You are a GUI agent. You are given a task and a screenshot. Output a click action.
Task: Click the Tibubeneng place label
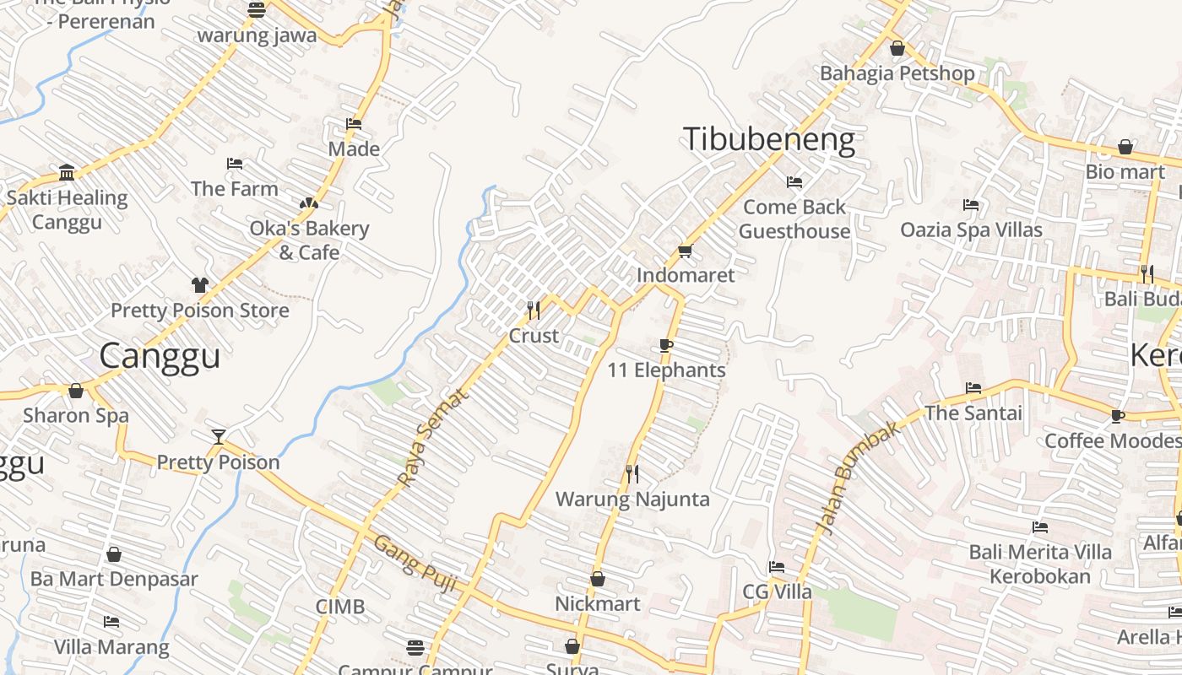768,139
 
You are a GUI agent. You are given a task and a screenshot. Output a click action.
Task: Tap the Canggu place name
160,355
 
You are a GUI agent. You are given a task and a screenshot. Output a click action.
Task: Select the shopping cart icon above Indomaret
685,251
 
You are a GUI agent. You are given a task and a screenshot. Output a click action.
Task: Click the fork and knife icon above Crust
534,310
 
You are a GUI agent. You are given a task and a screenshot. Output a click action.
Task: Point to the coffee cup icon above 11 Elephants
666,345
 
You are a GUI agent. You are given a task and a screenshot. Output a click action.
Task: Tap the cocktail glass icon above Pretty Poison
219,436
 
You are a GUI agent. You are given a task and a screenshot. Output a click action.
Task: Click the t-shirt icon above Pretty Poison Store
200,285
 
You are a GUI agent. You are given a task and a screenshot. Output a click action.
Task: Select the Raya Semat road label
432,437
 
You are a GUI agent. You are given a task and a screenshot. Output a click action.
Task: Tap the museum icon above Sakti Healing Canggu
67,173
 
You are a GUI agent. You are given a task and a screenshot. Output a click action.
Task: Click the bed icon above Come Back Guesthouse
794,181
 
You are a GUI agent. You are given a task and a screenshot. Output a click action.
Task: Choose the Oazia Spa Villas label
971,229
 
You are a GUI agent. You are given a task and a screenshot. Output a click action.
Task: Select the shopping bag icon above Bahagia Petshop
897,48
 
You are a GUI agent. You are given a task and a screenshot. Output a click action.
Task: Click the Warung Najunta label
632,499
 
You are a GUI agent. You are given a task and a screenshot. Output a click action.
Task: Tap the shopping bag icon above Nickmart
598,579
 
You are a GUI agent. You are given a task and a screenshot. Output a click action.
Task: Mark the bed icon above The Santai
973,388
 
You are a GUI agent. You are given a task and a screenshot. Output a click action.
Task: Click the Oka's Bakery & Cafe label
309,240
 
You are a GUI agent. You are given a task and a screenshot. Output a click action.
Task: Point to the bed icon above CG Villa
777,567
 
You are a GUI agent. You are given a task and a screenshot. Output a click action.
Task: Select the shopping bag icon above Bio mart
1125,147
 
